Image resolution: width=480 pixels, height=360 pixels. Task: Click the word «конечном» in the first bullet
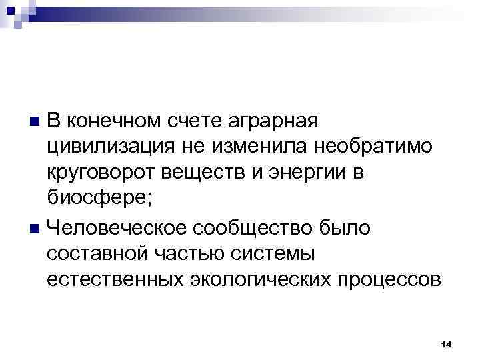(113, 122)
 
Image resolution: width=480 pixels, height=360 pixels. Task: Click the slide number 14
(447, 343)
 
